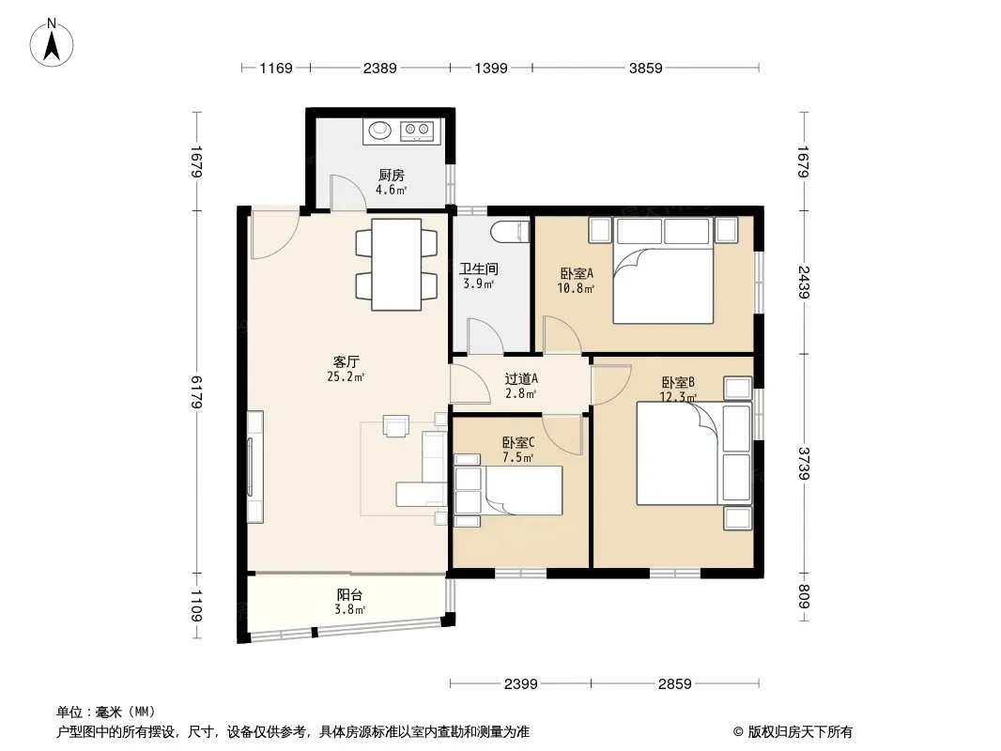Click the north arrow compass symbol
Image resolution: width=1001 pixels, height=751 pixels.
coord(52,43)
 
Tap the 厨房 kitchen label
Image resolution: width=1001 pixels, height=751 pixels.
coord(392,176)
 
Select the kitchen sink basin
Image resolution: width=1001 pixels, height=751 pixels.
coord(380,130)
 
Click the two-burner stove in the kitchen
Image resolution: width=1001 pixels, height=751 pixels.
coord(417,130)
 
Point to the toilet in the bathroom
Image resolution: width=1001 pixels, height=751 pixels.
coord(511,232)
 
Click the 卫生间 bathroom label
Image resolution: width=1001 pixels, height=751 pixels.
coord(479,269)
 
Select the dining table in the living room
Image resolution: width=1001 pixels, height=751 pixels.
coord(396,265)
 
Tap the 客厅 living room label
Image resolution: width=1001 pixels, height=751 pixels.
coord(346,362)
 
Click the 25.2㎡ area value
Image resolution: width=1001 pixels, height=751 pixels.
coord(346,377)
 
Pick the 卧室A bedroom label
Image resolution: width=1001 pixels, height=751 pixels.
coord(577,274)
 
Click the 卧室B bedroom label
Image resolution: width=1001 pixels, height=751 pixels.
coord(678,383)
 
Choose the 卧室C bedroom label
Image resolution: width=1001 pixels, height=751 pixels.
coord(518,442)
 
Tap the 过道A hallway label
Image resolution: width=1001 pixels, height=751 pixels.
coord(521,379)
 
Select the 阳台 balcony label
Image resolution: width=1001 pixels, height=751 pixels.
coord(350,594)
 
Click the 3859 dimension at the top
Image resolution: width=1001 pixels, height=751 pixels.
coord(645,68)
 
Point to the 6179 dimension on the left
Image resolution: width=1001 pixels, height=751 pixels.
coord(196,391)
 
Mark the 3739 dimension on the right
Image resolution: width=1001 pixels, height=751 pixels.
coord(803,464)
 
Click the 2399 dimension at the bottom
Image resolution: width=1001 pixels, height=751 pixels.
coord(521,684)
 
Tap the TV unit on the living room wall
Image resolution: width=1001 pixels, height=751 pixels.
coord(254,467)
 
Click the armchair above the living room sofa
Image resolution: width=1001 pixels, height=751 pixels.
coord(396,425)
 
